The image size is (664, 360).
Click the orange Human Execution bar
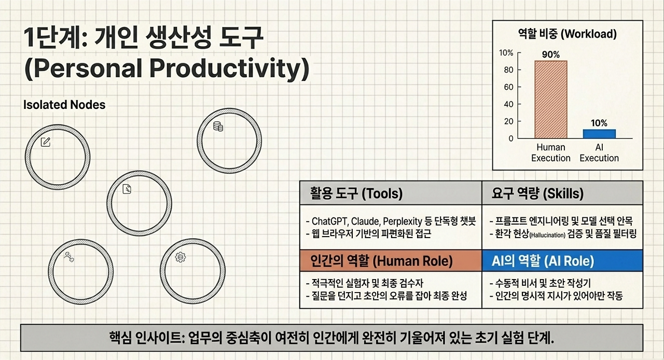[x=551, y=100]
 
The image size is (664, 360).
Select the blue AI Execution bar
[x=599, y=134]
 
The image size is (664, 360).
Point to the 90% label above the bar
[x=551, y=54]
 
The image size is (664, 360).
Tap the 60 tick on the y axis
[x=508, y=87]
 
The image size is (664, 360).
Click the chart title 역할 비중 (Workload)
[x=568, y=34]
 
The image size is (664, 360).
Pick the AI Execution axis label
[x=599, y=153]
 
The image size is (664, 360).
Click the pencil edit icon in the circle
[x=45, y=142]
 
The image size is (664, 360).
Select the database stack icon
[x=218, y=127]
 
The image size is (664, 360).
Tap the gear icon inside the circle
[x=180, y=257]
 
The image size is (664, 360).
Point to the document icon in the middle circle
[x=127, y=189]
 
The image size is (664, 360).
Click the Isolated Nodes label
[x=64, y=105]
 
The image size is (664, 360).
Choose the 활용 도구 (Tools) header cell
[x=391, y=193]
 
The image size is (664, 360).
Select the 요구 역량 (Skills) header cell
[x=562, y=193]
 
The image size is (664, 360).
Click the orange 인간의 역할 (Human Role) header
[x=391, y=260]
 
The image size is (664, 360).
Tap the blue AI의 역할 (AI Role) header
[x=562, y=260]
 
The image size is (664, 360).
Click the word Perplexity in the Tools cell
[x=403, y=221]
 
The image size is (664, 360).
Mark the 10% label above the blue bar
[x=599, y=123]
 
